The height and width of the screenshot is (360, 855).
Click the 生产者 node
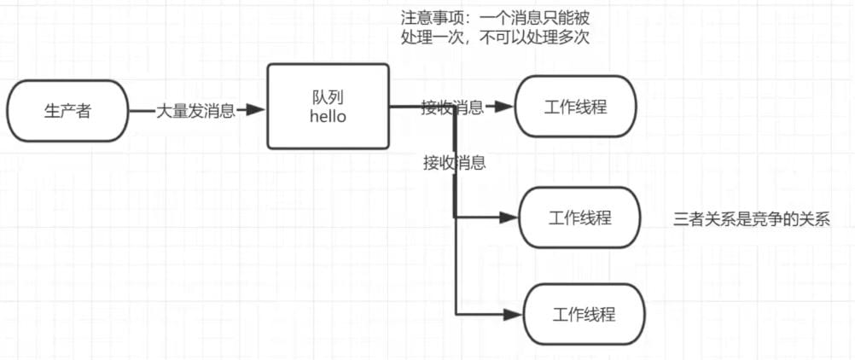pyautogui.click(x=67, y=111)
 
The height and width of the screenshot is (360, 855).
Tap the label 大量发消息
pyautogui.click(x=195, y=111)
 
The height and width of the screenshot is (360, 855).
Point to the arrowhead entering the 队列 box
pyautogui.click(x=255, y=110)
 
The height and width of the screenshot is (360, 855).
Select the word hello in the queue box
pyautogui.click(x=328, y=116)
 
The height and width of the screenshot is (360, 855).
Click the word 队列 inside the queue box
pyautogui.click(x=328, y=97)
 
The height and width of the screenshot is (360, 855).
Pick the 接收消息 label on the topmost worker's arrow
pyautogui.click(x=452, y=107)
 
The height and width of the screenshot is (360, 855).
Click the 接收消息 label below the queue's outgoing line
pyautogui.click(x=455, y=163)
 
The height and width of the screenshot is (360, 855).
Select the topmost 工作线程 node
pyautogui.click(x=575, y=107)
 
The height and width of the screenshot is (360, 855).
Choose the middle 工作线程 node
pyautogui.click(x=579, y=218)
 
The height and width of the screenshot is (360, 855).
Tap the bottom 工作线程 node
pyautogui.click(x=584, y=314)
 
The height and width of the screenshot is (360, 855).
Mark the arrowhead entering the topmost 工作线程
pyautogui.click(x=505, y=107)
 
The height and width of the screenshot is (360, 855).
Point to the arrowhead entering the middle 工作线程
pyautogui.click(x=509, y=218)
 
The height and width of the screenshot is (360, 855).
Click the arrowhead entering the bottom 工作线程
pyautogui.click(x=513, y=314)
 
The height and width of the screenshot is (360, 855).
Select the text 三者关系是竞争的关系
pyautogui.click(x=752, y=219)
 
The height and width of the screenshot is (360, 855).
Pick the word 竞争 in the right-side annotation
pyautogui.click(x=767, y=219)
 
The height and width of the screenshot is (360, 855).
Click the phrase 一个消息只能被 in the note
pyautogui.click(x=536, y=18)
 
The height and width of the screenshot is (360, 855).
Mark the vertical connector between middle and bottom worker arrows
pyautogui.click(x=457, y=266)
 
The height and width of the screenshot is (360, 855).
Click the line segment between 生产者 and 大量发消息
pyautogui.click(x=142, y=111)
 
